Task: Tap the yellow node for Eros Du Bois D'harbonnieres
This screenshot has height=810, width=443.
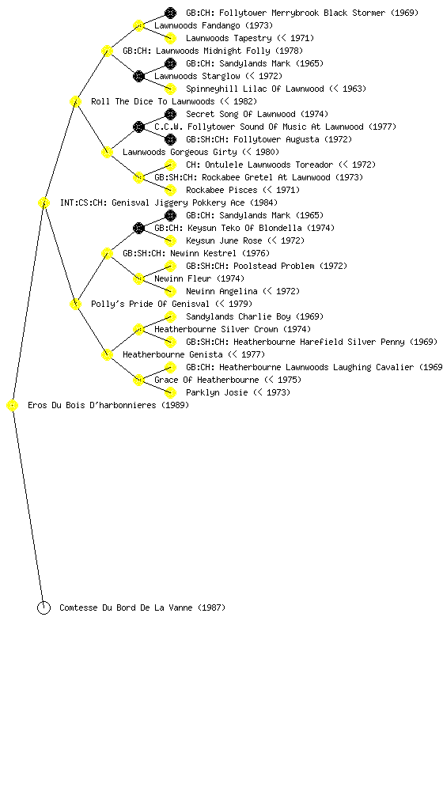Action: click(x=13, y=406)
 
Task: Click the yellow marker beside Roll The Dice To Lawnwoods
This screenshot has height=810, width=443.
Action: click(x=75, y=101)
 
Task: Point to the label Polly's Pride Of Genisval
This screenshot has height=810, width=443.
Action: click(x=150, y=304)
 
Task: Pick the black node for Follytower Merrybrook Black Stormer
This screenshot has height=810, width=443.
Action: click(x=170, y=13)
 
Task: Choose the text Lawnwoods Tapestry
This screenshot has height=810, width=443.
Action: click(x=229, y=38)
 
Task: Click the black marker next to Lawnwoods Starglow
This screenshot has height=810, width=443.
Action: click(x=138, y=77)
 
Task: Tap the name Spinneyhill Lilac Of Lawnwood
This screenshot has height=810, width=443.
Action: click(x=255, y=89)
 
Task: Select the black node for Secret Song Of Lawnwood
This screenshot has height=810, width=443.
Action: click(x=170, y=114)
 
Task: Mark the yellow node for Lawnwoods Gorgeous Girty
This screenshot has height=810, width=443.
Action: click(x=107, y=153)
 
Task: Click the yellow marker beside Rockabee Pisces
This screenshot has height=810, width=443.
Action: click(x=170, y=190)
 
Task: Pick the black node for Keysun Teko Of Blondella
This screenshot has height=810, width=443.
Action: click(x=138, y=229)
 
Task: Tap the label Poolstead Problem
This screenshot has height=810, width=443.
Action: click(x=275, y=266)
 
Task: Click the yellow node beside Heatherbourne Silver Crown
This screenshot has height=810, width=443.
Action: click(x=138, y=330)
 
